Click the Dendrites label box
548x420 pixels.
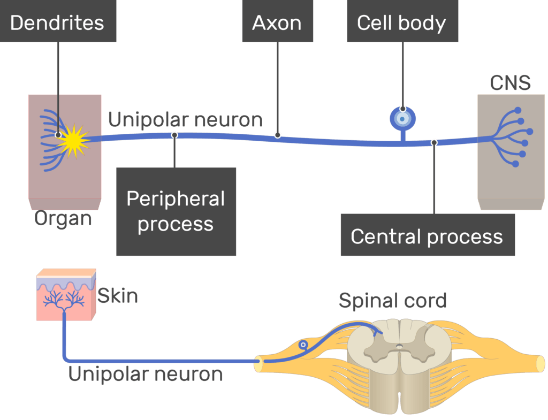[57, 23]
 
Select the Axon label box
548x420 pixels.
[277, 23]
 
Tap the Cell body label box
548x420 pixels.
[402, 23]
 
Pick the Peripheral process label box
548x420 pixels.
[176, 211]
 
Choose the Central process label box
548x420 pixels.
[427, 236]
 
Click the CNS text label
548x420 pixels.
[510, 83]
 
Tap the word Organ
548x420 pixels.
[63, 218]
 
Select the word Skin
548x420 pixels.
[118, 295]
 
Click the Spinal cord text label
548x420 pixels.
[392, 301]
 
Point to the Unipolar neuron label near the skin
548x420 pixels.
[146, 374]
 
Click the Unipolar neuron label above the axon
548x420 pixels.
[185, 120]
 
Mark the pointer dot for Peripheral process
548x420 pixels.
[174, 135]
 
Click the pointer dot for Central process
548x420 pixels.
[434, 142]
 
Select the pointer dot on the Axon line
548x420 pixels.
[278, 135]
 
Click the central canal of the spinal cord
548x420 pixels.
[399, 347]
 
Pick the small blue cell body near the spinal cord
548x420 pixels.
[303, 346]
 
